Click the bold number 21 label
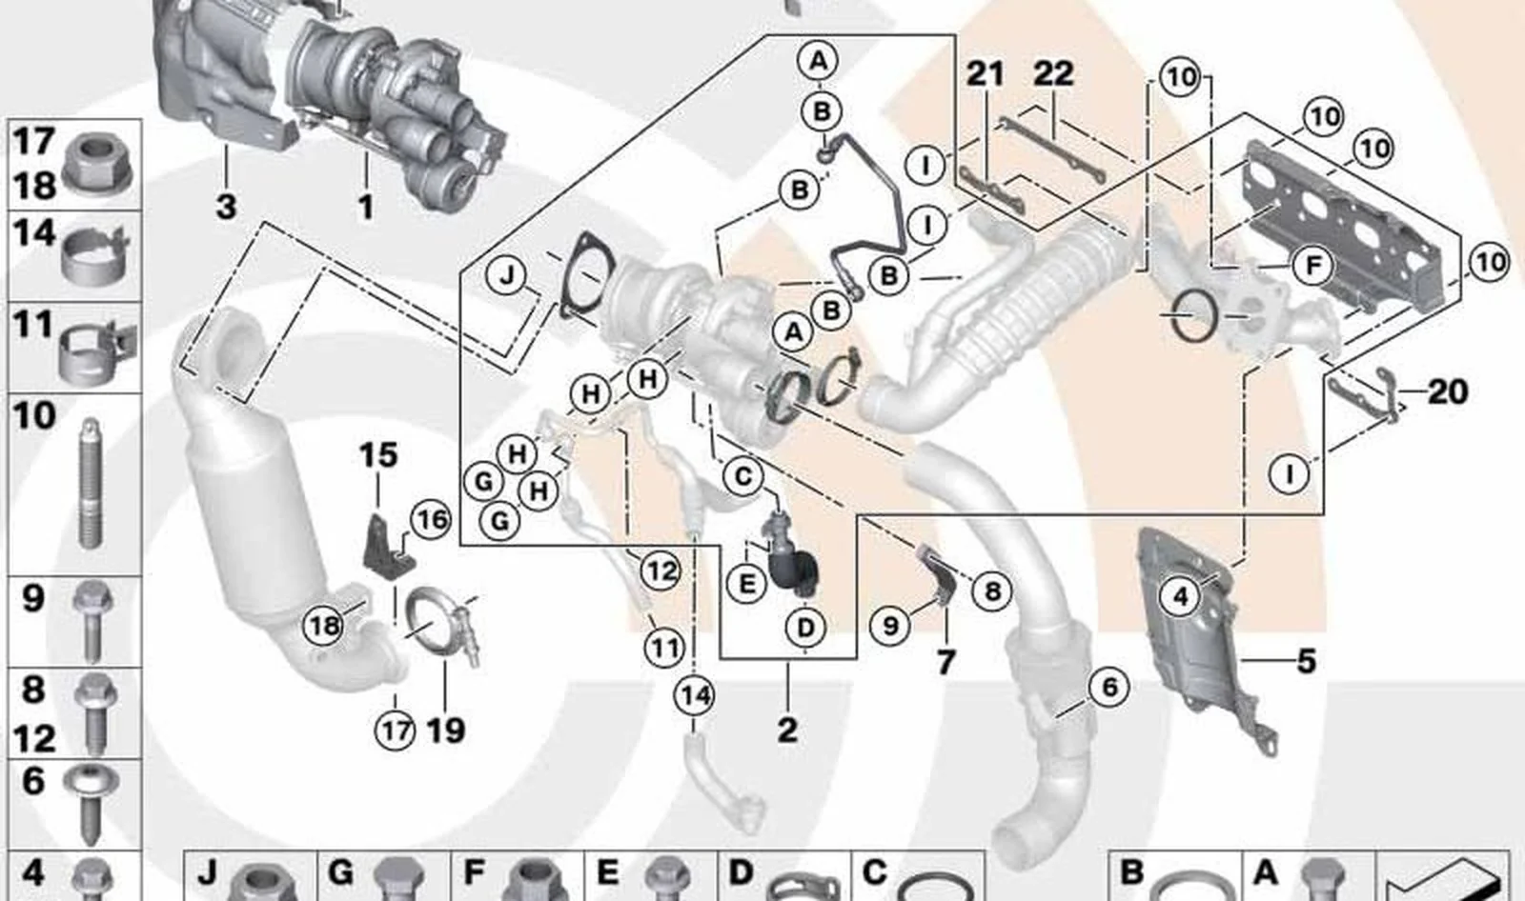(986, 73)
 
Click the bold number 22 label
(1053, 73)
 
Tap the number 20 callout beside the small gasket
(1448, 392)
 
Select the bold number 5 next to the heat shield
(1307, 660)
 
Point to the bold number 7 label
(945, 662)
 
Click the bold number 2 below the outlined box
(787, 731)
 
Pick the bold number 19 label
(445, 731)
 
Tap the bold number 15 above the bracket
(378, 455)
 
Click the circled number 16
(430, 520)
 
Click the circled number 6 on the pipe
(1109, 688)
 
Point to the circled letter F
(1312, 266)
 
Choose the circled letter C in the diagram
(742, 475)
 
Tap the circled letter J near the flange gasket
(506, 276)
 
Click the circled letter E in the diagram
(747, 584)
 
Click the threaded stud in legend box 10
(91, 484)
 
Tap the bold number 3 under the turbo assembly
(227, 207)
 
